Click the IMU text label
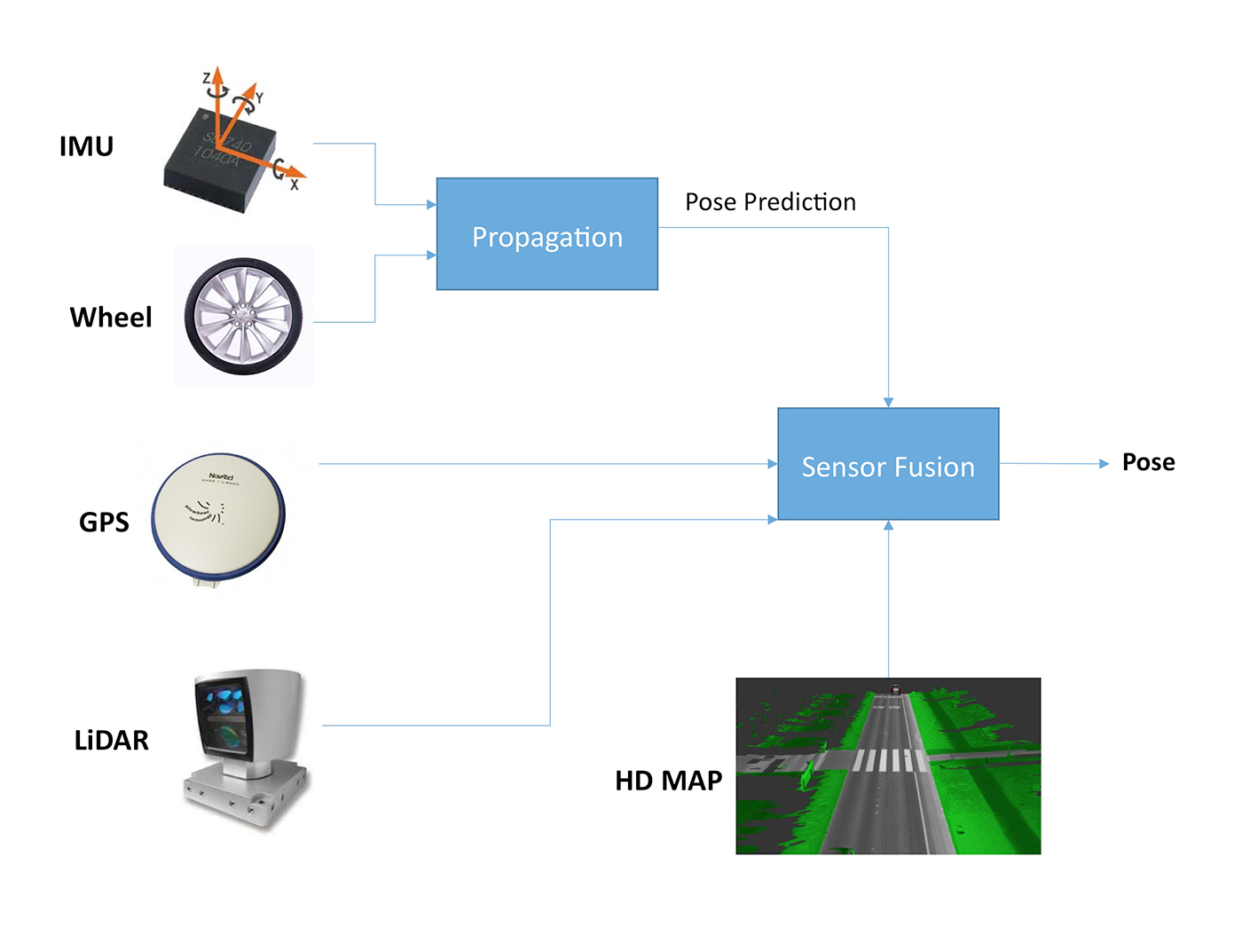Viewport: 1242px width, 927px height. point(86,146)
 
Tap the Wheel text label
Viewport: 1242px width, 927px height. point(111,318)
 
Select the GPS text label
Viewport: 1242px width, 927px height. point(104,522)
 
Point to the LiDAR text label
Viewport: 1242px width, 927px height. point(112,741)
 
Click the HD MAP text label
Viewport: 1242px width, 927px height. point(669,781)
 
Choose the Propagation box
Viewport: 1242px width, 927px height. point(546,234)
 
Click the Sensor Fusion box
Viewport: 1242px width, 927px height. point(888,464)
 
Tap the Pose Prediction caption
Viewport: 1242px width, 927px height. point(770,202)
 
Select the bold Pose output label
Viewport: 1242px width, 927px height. point(1148,462)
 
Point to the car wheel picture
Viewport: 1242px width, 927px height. point(243,316)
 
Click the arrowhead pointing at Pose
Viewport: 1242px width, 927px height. point(1104,463)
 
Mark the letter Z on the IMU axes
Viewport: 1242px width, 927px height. point(207,79)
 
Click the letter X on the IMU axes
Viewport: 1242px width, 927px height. point(295,185)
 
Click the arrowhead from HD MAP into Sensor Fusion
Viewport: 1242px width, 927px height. point(888,525)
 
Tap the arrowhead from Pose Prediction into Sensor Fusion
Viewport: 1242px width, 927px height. point(888,403)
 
